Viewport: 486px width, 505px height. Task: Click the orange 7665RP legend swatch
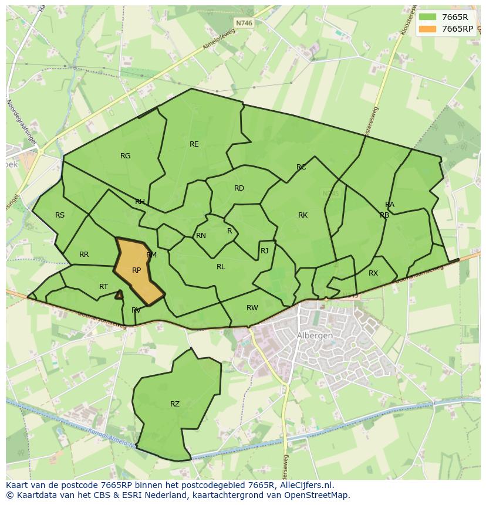[428, 29]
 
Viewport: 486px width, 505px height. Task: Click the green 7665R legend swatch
[428, 18]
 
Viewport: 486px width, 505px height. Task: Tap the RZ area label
[175, 404]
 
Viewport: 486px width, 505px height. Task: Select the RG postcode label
[125, 155]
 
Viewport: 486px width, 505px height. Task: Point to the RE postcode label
[194, 144]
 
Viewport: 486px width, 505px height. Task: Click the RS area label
[60, 215]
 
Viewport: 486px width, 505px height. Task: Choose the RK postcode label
[303, 215]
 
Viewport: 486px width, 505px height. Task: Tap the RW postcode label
[252, 307]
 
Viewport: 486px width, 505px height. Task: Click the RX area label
[373, 273]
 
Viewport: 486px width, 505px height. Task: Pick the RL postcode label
[221, 266]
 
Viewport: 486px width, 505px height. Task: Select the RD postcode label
[239, 188]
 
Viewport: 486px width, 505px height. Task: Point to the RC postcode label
[301, 167]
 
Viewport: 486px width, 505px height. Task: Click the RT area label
[103, 286]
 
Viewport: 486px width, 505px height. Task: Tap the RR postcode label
[84, 254]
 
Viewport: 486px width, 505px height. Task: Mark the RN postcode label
[201, 235]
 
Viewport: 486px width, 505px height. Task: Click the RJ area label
[264, 250]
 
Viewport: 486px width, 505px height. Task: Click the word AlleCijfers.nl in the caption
[308, 485]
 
